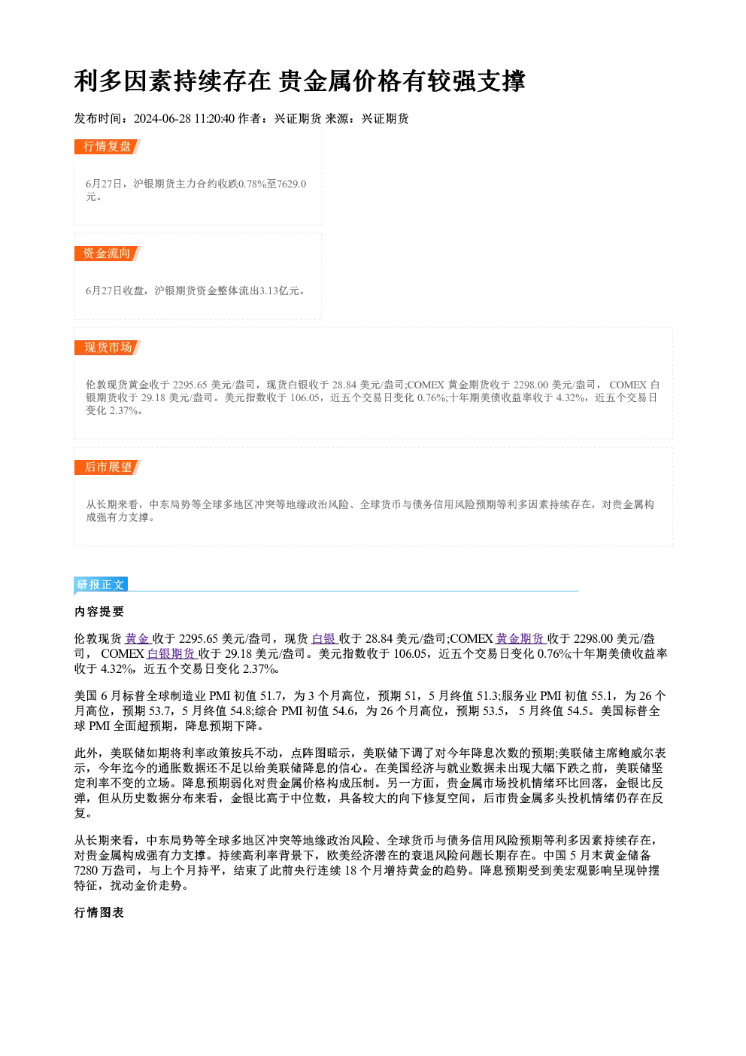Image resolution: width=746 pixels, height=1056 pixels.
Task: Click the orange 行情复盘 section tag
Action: coord(107,147)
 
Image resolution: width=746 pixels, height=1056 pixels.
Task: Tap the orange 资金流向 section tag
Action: coord(107,254)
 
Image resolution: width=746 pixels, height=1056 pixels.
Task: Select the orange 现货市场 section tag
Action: coord(107,348)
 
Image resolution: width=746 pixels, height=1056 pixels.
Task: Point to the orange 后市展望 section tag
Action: coord(107,467)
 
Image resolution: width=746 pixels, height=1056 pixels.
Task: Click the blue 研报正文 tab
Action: coord(101,585)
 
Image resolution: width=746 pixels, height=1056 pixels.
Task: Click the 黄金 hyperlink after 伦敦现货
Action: coord(137,639)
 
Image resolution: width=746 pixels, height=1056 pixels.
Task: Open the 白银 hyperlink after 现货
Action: coord(324,639)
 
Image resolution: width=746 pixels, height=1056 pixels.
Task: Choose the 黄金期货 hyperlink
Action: coord(520,639)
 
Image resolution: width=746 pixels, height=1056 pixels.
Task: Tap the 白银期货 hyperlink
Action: coord(171,653)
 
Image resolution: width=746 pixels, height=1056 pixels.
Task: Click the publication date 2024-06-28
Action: coord(162,118)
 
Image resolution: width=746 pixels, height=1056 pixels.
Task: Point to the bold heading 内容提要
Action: coord(99,611)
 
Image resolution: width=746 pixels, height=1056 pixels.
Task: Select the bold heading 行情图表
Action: coord(99,913)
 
